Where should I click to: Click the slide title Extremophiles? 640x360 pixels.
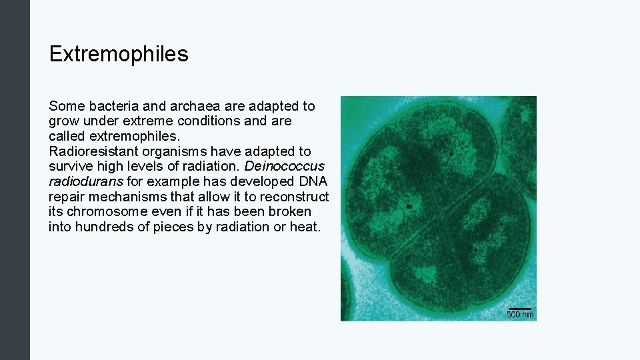click(x=119, y=54)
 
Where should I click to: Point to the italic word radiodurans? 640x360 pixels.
click(x=85, y=181)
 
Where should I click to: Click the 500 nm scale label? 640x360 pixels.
click(x=520, y=315)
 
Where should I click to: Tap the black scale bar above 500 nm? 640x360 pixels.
click(x=520, y=309)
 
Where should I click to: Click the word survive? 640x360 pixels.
click(x=71, y=166)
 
